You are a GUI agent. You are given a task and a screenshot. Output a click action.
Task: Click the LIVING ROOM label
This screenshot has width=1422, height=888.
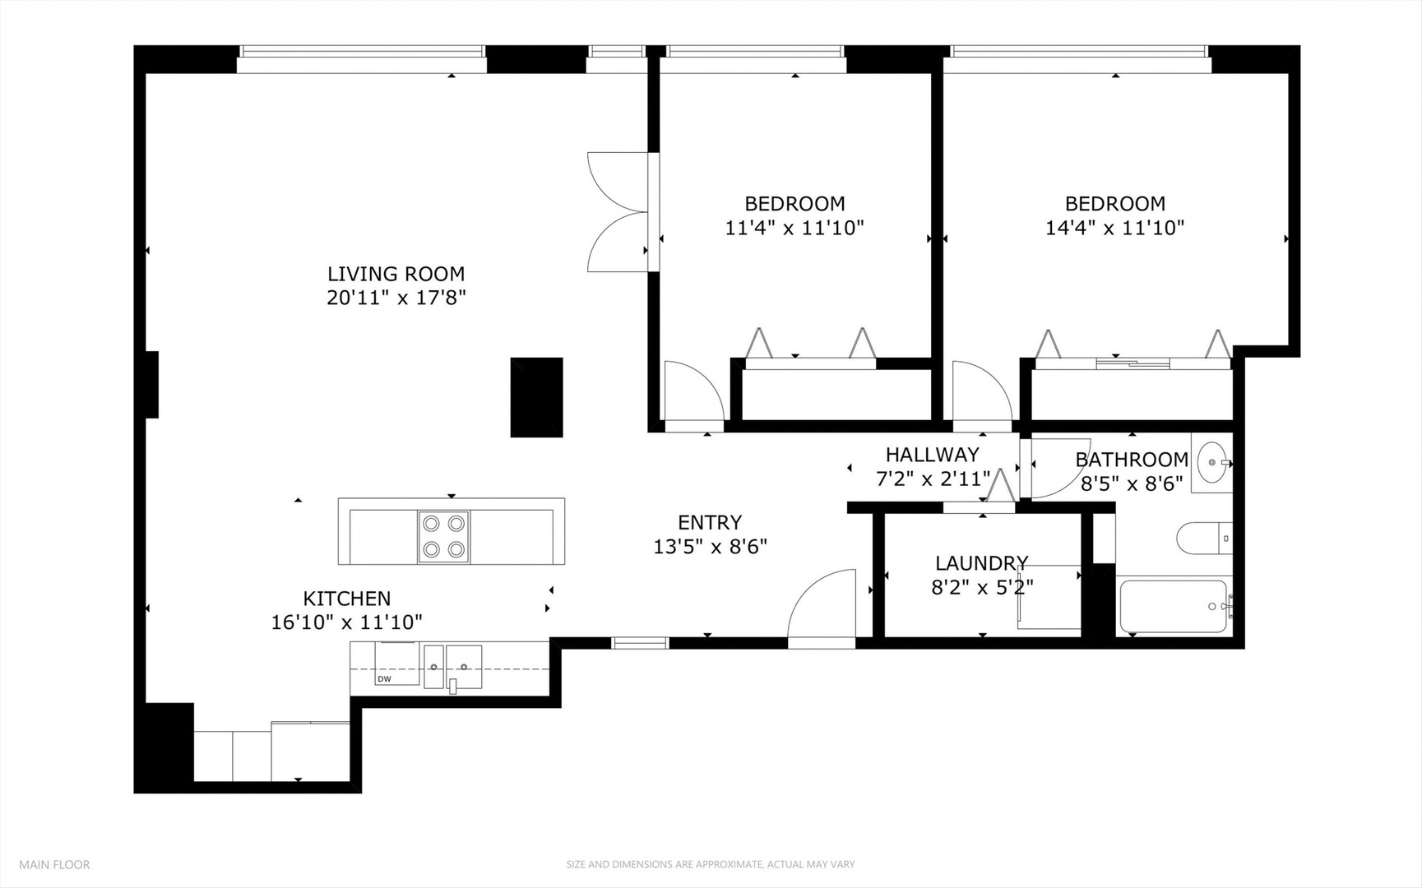396,274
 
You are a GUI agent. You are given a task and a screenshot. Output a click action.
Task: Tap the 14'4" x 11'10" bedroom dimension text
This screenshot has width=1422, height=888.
1114,228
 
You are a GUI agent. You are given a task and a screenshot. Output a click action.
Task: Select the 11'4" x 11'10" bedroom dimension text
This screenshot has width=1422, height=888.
794,228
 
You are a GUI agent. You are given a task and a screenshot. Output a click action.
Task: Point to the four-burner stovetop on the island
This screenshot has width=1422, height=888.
443,537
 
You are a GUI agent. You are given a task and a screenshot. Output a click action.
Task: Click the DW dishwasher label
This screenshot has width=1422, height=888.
384,679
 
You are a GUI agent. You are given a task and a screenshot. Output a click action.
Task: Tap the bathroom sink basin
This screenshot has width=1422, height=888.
1211,463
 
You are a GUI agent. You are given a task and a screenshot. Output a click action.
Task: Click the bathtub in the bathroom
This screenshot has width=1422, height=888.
1173,607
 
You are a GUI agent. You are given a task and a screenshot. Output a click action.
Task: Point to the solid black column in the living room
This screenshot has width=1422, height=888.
536,397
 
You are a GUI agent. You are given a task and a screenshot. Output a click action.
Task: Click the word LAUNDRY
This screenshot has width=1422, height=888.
981,563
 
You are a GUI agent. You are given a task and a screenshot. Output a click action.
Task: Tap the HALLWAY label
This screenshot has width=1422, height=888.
932,455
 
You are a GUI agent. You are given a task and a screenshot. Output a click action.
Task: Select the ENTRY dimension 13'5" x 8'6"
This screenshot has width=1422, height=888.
710,547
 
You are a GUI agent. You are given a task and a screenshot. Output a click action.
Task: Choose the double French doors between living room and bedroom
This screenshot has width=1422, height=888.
618,211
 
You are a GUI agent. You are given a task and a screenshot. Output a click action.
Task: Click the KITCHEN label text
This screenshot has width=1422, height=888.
346,599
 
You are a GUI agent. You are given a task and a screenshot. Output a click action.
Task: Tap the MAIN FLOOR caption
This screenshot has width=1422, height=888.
54,864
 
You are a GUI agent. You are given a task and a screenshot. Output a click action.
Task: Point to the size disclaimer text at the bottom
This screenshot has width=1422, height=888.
710,864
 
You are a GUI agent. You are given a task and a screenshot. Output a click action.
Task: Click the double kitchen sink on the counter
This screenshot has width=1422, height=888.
452,664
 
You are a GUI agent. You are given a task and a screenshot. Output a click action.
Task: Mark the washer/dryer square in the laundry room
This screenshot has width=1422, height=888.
1049,597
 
